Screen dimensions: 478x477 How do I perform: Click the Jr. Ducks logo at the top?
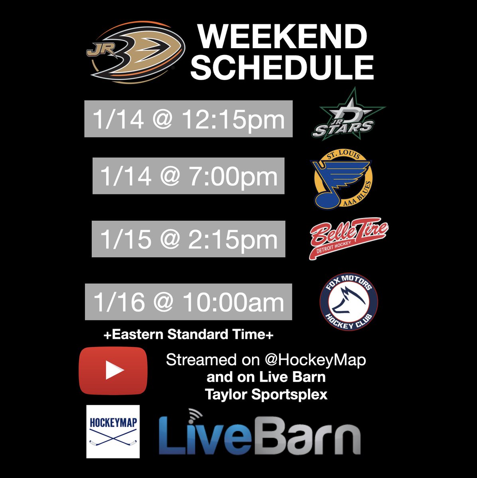click(136, 53)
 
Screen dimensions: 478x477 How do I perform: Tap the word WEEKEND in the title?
click(282, 37)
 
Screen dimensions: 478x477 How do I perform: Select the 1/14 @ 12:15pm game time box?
click(188, 119)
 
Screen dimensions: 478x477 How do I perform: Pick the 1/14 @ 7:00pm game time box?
click(188, 176)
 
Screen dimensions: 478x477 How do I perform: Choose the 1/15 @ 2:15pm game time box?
click(188, 239)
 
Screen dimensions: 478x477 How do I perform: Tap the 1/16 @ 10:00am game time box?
click(188, 302)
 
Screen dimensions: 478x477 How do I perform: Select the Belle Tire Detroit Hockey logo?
click(348, 238)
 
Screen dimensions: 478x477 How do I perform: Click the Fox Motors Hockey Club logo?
click(348, 302)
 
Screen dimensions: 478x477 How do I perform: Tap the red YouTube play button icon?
click(113, 370)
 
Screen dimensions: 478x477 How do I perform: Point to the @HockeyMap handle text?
click(315, 360)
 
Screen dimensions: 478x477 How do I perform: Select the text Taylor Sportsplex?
click(266, 394)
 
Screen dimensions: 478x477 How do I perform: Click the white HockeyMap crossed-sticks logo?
click(113, 431)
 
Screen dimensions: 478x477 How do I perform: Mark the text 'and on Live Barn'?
click(266, 377)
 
